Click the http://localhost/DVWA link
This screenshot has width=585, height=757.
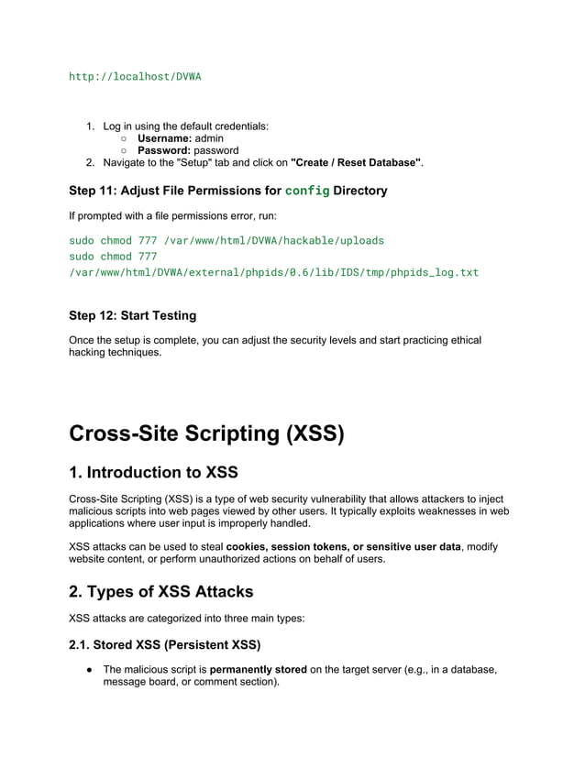[x=135, y=76]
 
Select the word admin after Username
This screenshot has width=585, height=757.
[x=210, y=138]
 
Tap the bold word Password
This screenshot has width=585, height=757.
[x=164, y=150]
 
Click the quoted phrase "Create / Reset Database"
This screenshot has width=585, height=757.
[x=356, y=162]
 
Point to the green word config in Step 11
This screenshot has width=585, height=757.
[x=306, y=191]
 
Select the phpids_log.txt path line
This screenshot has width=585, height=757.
[x=273, y=272]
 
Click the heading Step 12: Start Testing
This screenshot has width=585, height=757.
[x=132, y=315]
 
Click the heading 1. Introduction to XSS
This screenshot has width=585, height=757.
[x=153, y=473]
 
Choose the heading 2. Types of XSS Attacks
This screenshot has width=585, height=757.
[x=160, y=591]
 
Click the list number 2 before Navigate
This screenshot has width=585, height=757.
[x=91, y=162]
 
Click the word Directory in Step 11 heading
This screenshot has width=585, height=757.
[x=360, y=191]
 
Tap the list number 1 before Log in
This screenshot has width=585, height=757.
[x=91, y=126]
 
